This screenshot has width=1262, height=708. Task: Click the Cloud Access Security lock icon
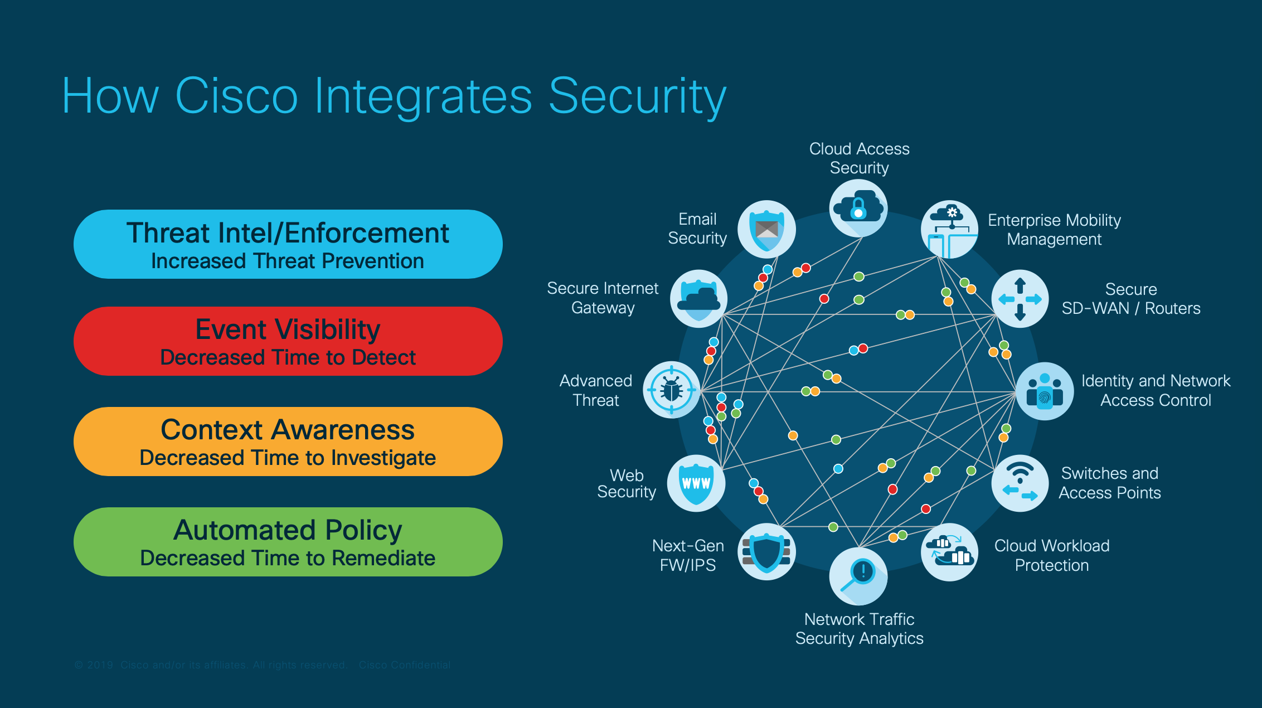[x=858, y=208]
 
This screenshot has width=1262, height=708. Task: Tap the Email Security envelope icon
[x=766, y=229]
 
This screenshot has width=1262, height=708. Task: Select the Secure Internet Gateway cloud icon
[x=698, y=298]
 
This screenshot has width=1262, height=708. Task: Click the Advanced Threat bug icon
[x=672, y=390]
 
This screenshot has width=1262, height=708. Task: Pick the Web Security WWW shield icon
[x=696, y=483]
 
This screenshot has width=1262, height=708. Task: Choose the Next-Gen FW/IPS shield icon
[x=766, y=551]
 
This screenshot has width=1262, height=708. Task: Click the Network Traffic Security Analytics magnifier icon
[x=858, y=576]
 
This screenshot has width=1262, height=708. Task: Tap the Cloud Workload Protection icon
[x=949, y=551]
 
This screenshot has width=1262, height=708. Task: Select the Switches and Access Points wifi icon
[x=1020, y=483]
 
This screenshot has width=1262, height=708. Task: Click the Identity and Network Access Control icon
[x=1044, y=391]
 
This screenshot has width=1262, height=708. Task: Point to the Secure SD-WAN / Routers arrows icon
[x=1020, y=299]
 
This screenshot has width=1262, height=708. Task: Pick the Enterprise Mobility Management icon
[x=949, y=229]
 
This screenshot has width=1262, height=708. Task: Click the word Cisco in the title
[x=236, y=96]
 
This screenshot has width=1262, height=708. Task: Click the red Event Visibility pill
[x=288, y=341]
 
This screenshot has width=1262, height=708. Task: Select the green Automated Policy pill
[x=288, y=542]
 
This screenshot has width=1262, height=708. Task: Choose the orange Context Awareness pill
[x=288, y=442]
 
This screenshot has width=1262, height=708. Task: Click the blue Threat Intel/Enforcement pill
[x=288, y=244]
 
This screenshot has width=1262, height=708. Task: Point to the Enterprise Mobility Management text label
[x=1054, y=230]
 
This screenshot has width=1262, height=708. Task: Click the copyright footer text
[x=262, y=665]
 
